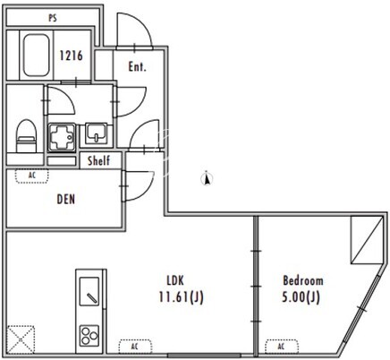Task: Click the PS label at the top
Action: [53, 18]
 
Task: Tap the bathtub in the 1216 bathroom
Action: [36, 56]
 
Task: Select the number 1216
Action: [71, 56]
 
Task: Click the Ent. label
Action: [137, 66]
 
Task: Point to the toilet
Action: [26, 136]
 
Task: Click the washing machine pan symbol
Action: [62, 137]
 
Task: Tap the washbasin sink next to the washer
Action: [96, 133]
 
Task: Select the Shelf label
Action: [98, 160]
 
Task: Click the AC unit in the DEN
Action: [32, 176]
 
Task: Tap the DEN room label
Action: [66, 200]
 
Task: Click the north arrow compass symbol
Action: [207, 178]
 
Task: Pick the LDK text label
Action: [175, 280]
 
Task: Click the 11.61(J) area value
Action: [181, 297]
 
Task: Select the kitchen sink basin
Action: [89, 291]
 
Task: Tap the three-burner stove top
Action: [89, 336]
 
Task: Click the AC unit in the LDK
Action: [135, 347]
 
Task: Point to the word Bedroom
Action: [302, 280]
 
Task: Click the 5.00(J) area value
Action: [301, 297]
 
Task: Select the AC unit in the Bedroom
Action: [282, 347]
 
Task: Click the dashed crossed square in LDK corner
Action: [21, 339]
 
